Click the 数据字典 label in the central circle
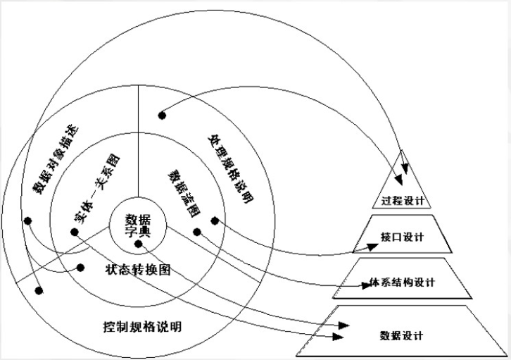pos(138,224)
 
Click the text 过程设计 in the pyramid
pos(402,200)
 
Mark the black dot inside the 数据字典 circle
pos(139,244)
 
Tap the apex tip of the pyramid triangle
pos(402,149)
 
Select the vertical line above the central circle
pos(138,148)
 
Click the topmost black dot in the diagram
pos(161,114)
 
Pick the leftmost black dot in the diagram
pos(27,221)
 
